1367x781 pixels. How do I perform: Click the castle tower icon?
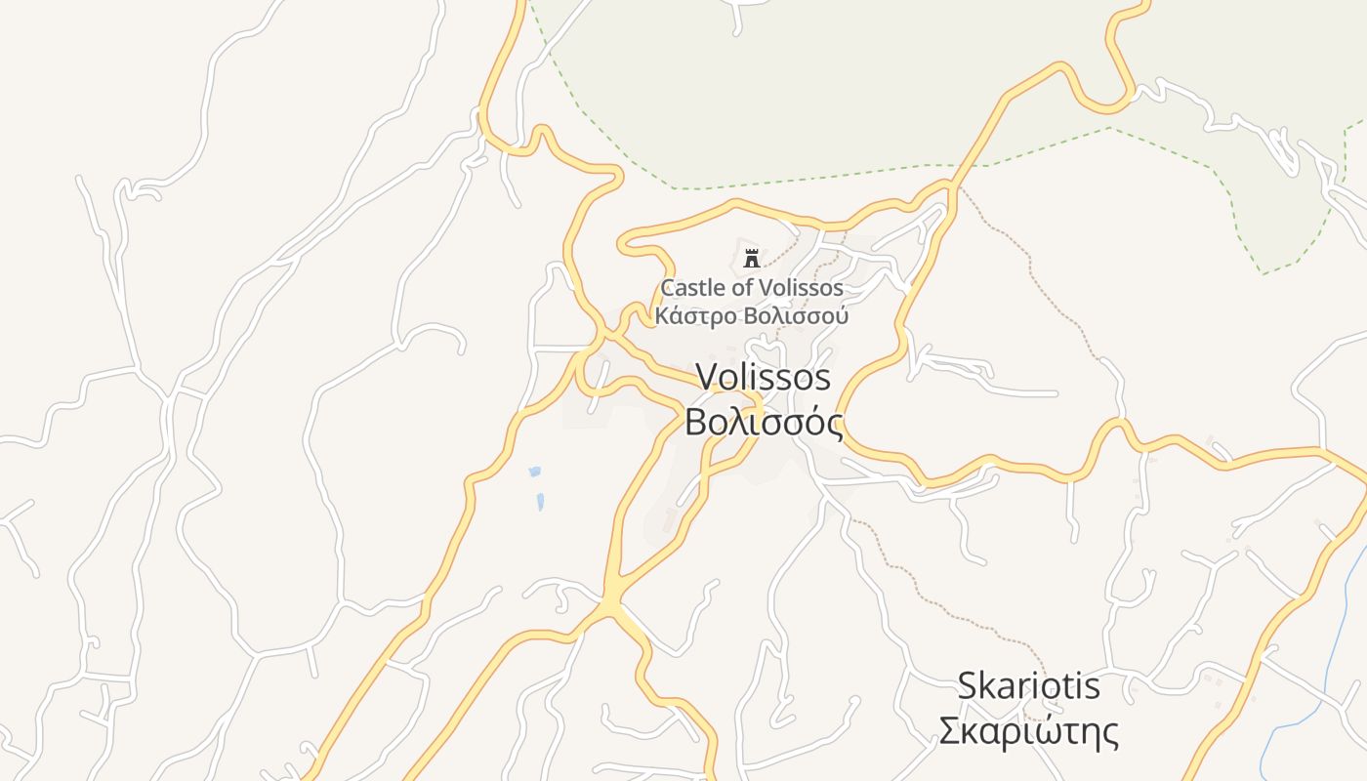click(x=751, y=259)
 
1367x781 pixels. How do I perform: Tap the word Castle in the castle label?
click(x=690, y=289)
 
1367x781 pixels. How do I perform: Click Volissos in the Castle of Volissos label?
click(x=800, y=289)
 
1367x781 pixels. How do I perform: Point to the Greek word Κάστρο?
click(x=696, y=316)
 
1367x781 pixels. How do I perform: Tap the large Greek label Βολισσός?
click(x=763, y=423)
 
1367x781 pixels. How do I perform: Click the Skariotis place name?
click(x=1028, y=685)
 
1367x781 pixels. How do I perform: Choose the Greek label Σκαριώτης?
click(x=1028, y=731)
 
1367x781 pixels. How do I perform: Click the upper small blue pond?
click(x=534, y=473)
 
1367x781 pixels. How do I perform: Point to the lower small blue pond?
click(x=539, y=503)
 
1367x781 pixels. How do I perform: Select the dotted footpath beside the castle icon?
click(x=780, y=255)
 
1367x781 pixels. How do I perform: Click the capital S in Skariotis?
click(x=967, y=685)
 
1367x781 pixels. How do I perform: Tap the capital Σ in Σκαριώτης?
click(x=949, y=731)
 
